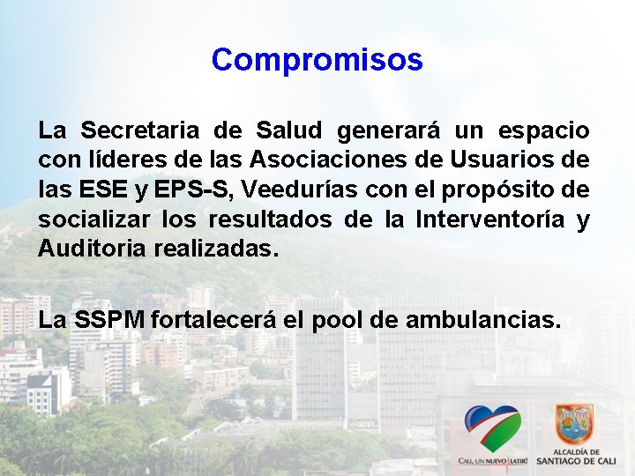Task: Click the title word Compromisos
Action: [x=317, y=60]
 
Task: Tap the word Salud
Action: [x=289, y=131]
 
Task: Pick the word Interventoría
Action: [x=487, y=219]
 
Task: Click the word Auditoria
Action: [x=93, y=249]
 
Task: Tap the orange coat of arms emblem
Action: [x=574, y=424]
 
